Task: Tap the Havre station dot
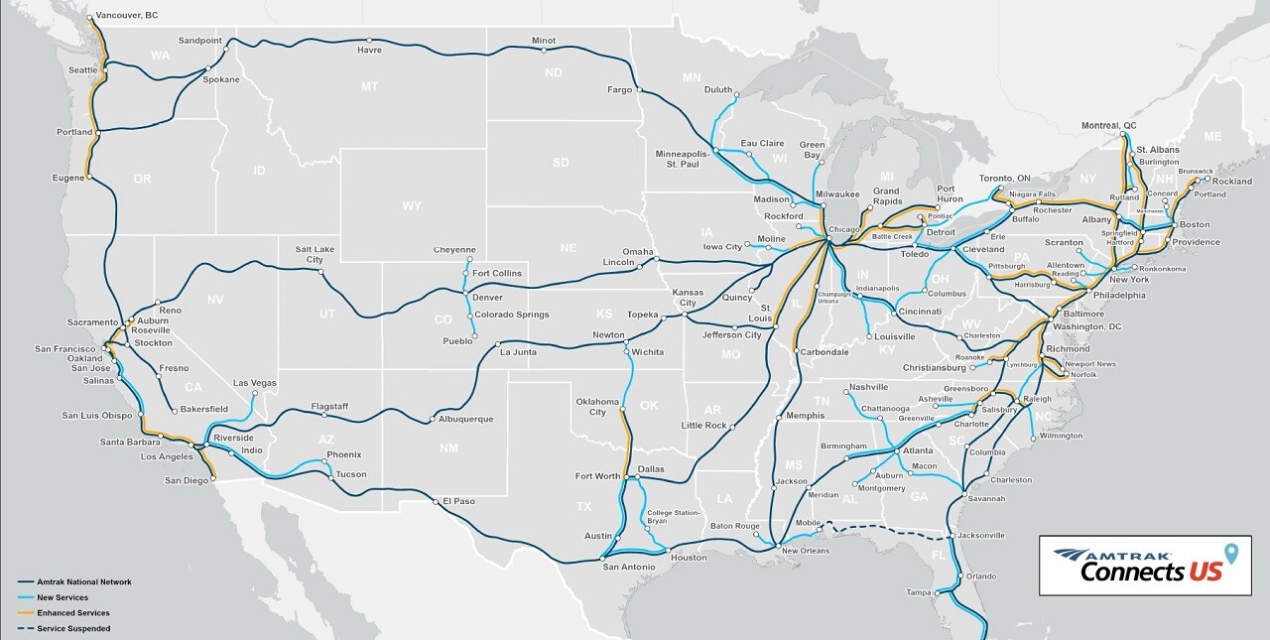point(368,41)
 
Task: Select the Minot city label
point(544,41)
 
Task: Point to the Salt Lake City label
point(315,253)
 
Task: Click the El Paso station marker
point(437,501)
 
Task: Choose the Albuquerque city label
point(465,419)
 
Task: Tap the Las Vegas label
point(255,383)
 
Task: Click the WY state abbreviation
point(411,206)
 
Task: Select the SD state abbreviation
point(561,162)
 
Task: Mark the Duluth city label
point(717,90)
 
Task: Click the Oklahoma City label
point(597,407)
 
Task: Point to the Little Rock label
point(704,426)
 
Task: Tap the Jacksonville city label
point(981,536)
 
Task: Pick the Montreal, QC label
point(1108,126)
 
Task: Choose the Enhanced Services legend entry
point(73,613)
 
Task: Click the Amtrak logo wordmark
point(1111,556)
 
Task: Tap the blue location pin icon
point(1231,554)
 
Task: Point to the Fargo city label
point(619,90)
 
